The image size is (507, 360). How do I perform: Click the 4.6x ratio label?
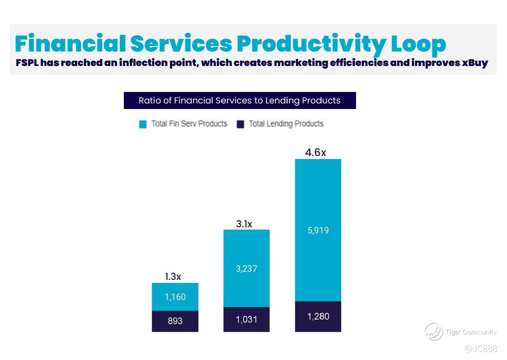pos(316,152)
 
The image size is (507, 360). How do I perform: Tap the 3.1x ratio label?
pos(244,224)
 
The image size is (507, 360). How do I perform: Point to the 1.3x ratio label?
pos(173,277)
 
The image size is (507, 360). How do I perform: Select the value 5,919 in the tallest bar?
pos(318,230)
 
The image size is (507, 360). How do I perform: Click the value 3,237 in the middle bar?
pos(247,268)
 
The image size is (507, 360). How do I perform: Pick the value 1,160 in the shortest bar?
pos(175,297)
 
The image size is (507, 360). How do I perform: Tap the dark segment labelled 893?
pos(175,321)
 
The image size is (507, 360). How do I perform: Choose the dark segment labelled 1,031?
pos(247,319)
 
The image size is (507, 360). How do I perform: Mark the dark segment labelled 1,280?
pos(318,316)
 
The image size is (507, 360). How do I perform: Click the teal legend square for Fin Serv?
pos(143,124)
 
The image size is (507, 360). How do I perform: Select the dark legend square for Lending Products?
pos(240,124)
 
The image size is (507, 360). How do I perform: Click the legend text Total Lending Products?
pos(286,124)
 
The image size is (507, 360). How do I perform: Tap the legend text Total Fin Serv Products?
pos(189,124)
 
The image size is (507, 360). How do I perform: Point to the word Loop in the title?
pos(418,44)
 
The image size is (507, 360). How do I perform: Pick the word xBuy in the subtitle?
pos(475,63)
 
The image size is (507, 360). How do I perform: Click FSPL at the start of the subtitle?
pos(27,63)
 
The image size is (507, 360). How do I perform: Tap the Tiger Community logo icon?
pos(434,331)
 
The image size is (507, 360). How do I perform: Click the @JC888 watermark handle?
pos(481,349)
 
